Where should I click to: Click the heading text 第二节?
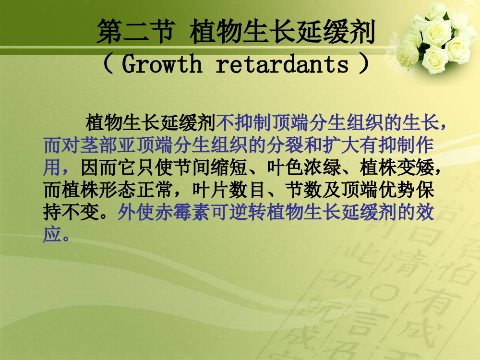[136, 31]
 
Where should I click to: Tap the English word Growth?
[162, 64]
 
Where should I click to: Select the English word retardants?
[282, 64]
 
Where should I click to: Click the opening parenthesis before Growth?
[108, 63]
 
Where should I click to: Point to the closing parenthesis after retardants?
[364, 63]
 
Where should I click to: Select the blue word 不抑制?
[244, 122]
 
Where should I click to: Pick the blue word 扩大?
[341, 145]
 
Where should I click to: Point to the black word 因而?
[99, 168]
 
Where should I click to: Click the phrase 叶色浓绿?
[304, 168]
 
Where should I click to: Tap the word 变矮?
[416, 168]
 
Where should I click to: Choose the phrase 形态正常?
[136, 190]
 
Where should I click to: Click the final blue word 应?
[52, 235]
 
